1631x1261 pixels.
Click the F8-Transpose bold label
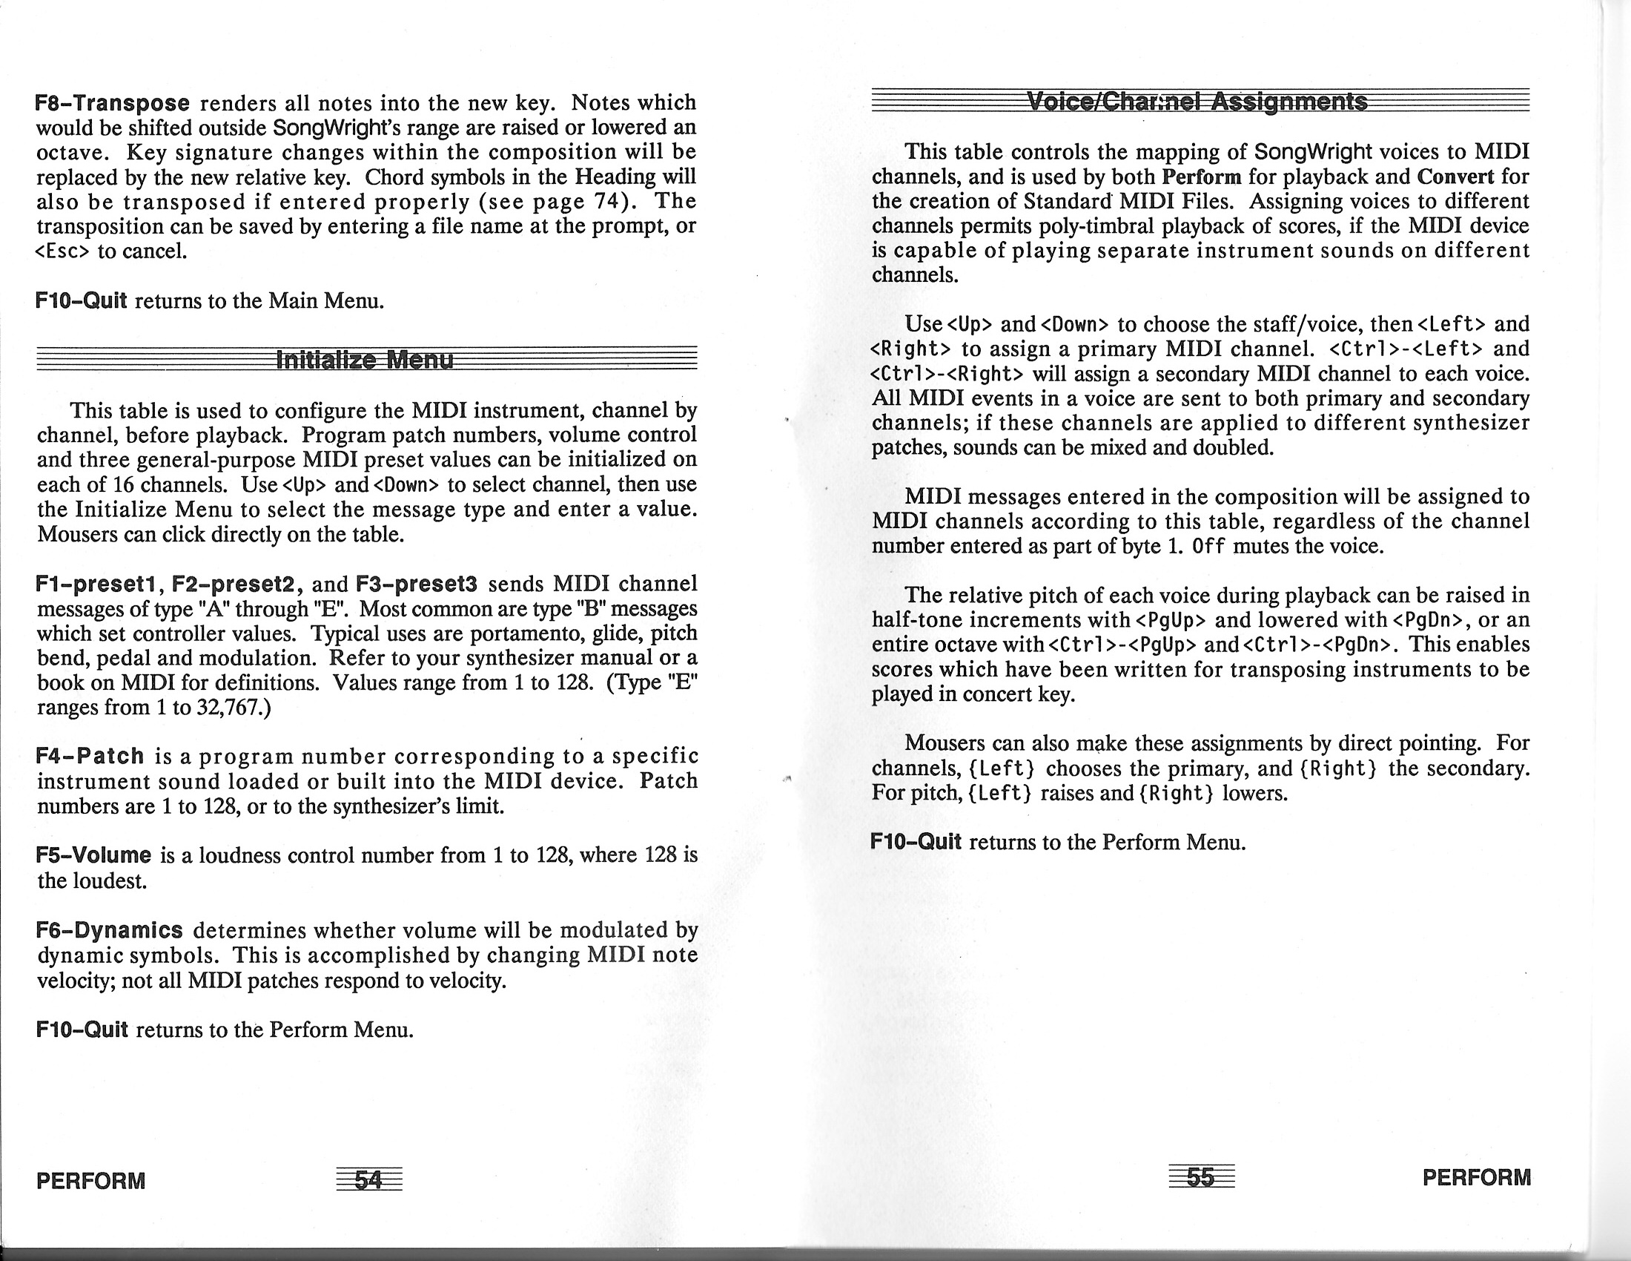pos(113,102)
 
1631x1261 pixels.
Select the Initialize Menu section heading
pos(365,360)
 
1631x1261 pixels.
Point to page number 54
pos(368,1179)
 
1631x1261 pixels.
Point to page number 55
pos(1200,1177)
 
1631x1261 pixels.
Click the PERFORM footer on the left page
pos(91,1181)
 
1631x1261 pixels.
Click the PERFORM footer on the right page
pos(1476,1177)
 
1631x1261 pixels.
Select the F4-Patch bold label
pos(90,756)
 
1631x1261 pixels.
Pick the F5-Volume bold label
pos(94,855)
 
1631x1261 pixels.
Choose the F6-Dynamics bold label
pos(110,930)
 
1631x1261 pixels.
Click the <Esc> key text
pos(63,251)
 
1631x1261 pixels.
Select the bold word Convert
pos(1455,177)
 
